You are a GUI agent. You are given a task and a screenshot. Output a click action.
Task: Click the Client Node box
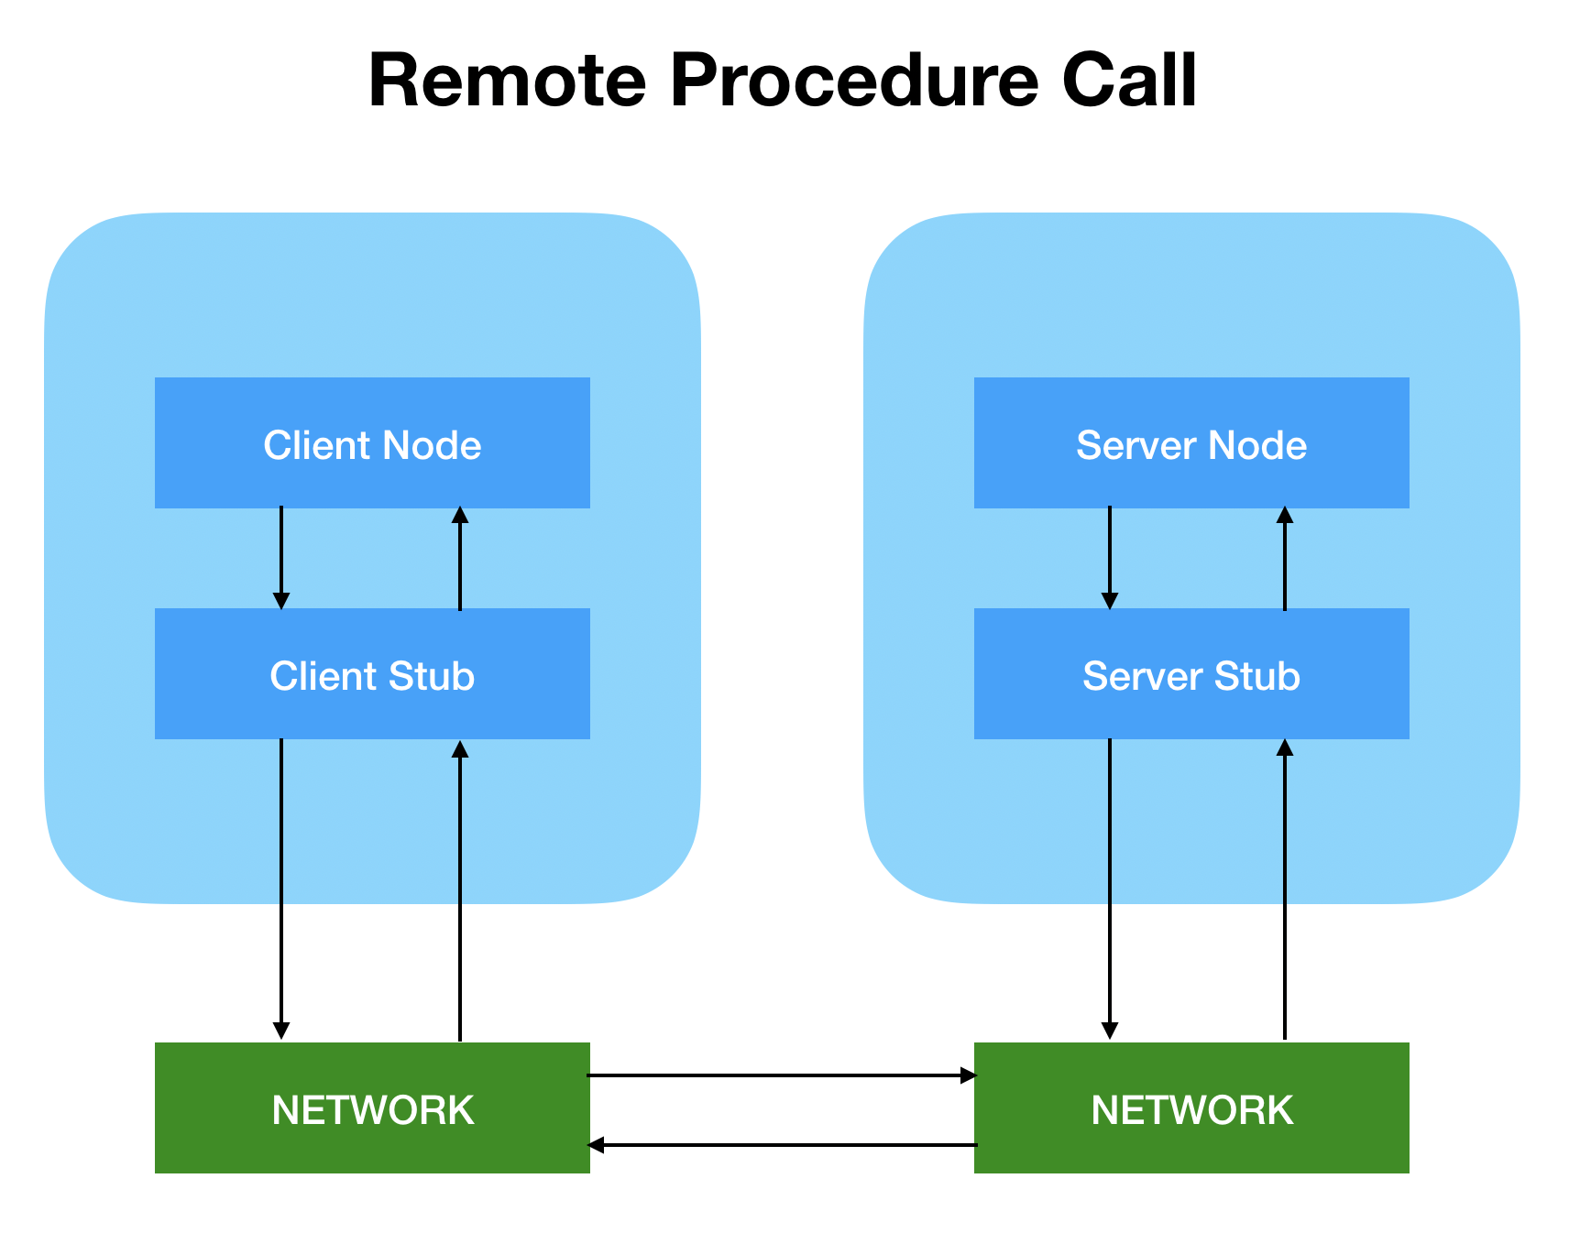pos(372,443)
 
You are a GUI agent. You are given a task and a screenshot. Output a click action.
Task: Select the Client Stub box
pos(372,674)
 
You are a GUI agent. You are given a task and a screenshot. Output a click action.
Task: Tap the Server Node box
pos(1190,443)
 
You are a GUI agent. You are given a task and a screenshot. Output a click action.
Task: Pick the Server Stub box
pos(1190,674)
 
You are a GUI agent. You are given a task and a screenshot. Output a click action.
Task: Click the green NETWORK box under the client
pos(372,1108)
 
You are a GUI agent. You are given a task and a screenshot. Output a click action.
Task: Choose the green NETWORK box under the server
pos(1190,1108)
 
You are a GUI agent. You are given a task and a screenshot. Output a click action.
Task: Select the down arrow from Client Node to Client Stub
pos(281,557)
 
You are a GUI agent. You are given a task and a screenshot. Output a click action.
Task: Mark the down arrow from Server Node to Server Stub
pos(1109,557)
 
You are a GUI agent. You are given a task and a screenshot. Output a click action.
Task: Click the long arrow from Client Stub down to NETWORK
pos(281,889)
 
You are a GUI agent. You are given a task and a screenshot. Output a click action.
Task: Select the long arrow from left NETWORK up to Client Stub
pos(460,889)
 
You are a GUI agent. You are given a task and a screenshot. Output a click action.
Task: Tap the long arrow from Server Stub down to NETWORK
pos(1109,889)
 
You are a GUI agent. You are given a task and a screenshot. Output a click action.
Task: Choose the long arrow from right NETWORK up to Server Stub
pos(1285,889)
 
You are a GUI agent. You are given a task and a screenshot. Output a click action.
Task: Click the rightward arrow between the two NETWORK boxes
pos(781,1075)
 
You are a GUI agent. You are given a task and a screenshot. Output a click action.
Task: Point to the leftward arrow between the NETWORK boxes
pos(781,1145)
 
